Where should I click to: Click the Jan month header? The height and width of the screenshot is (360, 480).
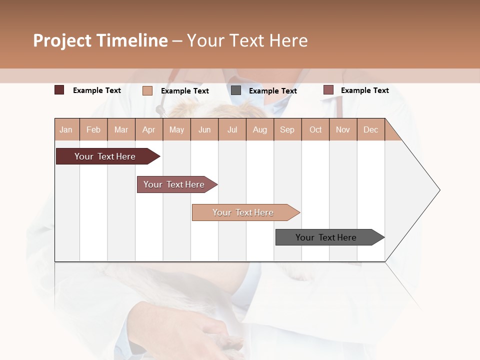pyautogui.click(x=66, y=129)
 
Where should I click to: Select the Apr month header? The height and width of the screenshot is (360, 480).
pyautogui.click(x=149, y=129)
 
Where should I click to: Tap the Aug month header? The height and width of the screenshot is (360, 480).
pyautogui.click(x=259, y=129)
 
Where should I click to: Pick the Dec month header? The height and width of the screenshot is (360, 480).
pyautogui.click(x=370, y=129)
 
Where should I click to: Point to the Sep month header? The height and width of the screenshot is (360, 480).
pyautogui.click(x=287, y=129)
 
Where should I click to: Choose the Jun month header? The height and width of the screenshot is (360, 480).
pyautogui.click(x=204, y=129)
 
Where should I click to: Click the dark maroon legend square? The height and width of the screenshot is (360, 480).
pyautogui.click(x=59, y=90)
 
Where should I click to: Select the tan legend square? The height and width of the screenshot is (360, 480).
pyautogui.click(x=147, y=90)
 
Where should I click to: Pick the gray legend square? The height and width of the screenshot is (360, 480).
pyautogui.click(x=236, y=90)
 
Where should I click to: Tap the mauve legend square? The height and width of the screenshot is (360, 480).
pyautogui.click(x=328, y=90)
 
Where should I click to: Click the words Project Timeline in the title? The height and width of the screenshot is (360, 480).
pyautogui.click(x=100, y=40)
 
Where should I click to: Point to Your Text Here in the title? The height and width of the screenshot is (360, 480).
pyautogui.click(x=247, y=40)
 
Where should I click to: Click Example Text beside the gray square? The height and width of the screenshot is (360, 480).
pyautogui.click(x=272, y=91)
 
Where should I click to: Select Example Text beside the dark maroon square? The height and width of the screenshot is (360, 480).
pyautogui.click(x=97, y=90)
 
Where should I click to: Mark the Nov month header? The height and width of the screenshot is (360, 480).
pyautogui.click(x=343, y=129)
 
